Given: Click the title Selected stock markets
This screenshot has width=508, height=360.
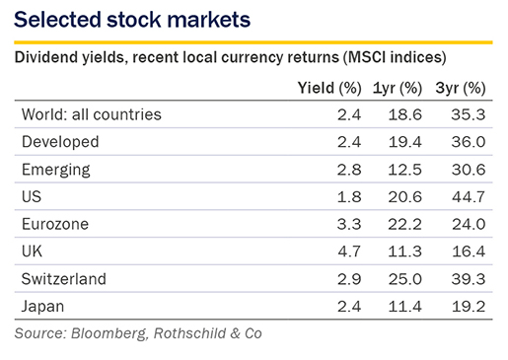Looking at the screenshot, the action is click(x=132, y=19).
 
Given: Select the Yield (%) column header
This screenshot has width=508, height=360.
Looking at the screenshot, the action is click(x=329, y=88).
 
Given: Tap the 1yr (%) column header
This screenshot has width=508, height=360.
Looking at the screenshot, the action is click(x=398, y=88).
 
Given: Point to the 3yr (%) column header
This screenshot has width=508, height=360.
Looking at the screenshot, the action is click(x=461, y=88).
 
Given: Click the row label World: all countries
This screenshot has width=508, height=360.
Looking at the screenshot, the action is click(x=92, y=114).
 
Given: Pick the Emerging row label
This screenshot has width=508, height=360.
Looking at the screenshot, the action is click(x=56, y=170).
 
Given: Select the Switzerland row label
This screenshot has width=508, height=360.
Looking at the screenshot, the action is click(x=64, y=279).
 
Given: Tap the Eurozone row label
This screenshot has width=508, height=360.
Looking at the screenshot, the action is click(x=55, y=224).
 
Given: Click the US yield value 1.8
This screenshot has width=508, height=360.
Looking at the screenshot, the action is click(x=349, y=197).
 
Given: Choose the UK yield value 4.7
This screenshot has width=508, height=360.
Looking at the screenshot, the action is click(x=349, y=252).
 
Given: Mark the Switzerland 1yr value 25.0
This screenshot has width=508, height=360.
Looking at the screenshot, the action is click(x=404, y=279).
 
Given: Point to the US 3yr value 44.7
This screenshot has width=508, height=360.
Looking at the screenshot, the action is click(x=469, y=197).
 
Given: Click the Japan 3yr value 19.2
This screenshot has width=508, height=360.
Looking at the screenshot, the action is click(x=469, y=307).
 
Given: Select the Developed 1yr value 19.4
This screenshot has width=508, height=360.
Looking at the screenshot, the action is click(x=404, y=142).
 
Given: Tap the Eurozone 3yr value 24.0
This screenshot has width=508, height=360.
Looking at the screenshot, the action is click(x=469, y=224).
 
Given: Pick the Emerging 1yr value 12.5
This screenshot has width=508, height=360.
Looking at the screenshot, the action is click(x=404, y=170).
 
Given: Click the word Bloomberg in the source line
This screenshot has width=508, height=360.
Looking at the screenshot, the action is click(x=109, y=333).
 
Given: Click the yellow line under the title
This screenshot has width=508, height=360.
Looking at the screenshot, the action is click(x=254, y=42).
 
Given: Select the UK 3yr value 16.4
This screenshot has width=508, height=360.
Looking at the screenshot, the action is click(x=469, y=252).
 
